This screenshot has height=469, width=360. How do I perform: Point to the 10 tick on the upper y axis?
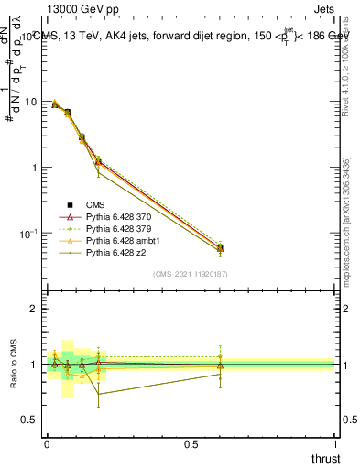click(x=31, y=102)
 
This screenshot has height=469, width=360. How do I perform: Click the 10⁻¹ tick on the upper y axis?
click(x=27, y=234)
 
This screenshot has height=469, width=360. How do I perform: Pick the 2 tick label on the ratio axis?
click(x=33, y=309)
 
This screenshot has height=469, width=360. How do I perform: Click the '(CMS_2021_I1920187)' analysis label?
click(x=191, y=274)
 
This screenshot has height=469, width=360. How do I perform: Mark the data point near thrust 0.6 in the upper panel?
click(x=220, y=248)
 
